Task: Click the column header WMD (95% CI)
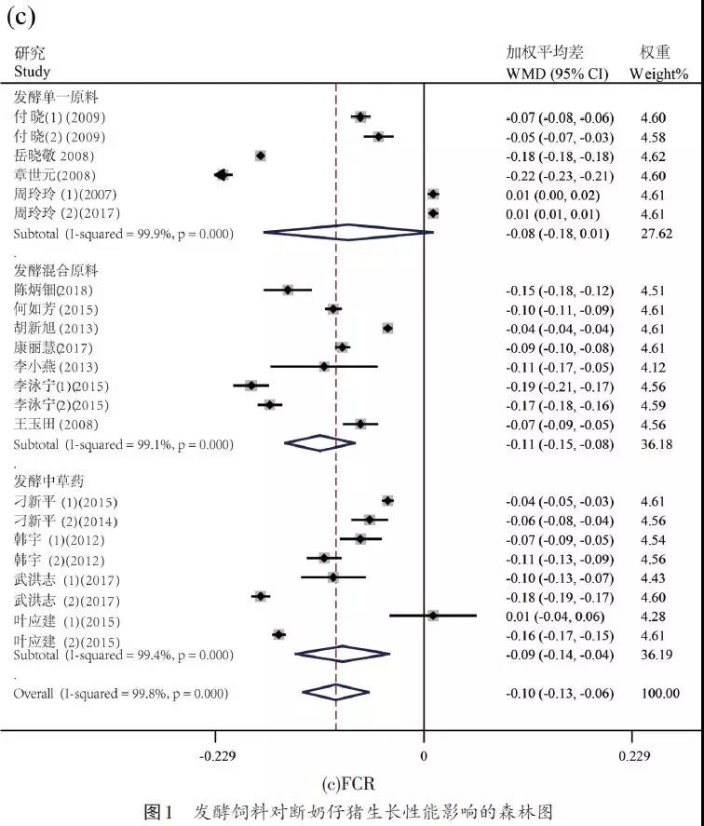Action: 557,73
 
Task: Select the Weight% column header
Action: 657,73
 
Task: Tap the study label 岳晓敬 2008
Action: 52,156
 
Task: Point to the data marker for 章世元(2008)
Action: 222,174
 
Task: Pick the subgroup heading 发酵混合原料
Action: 56,270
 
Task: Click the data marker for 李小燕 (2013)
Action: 324,366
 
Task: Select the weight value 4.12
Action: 653,366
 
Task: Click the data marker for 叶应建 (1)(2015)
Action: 432,616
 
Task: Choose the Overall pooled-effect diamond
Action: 335,693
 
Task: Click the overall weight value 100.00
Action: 657,693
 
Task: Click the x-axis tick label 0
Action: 424,755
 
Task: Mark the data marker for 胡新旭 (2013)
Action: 387,328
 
